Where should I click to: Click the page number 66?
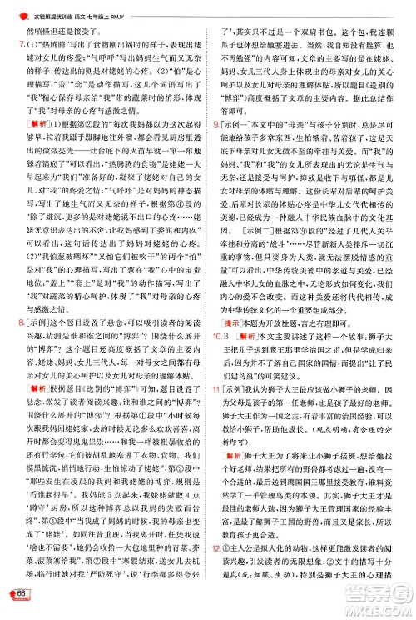[17, 592]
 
